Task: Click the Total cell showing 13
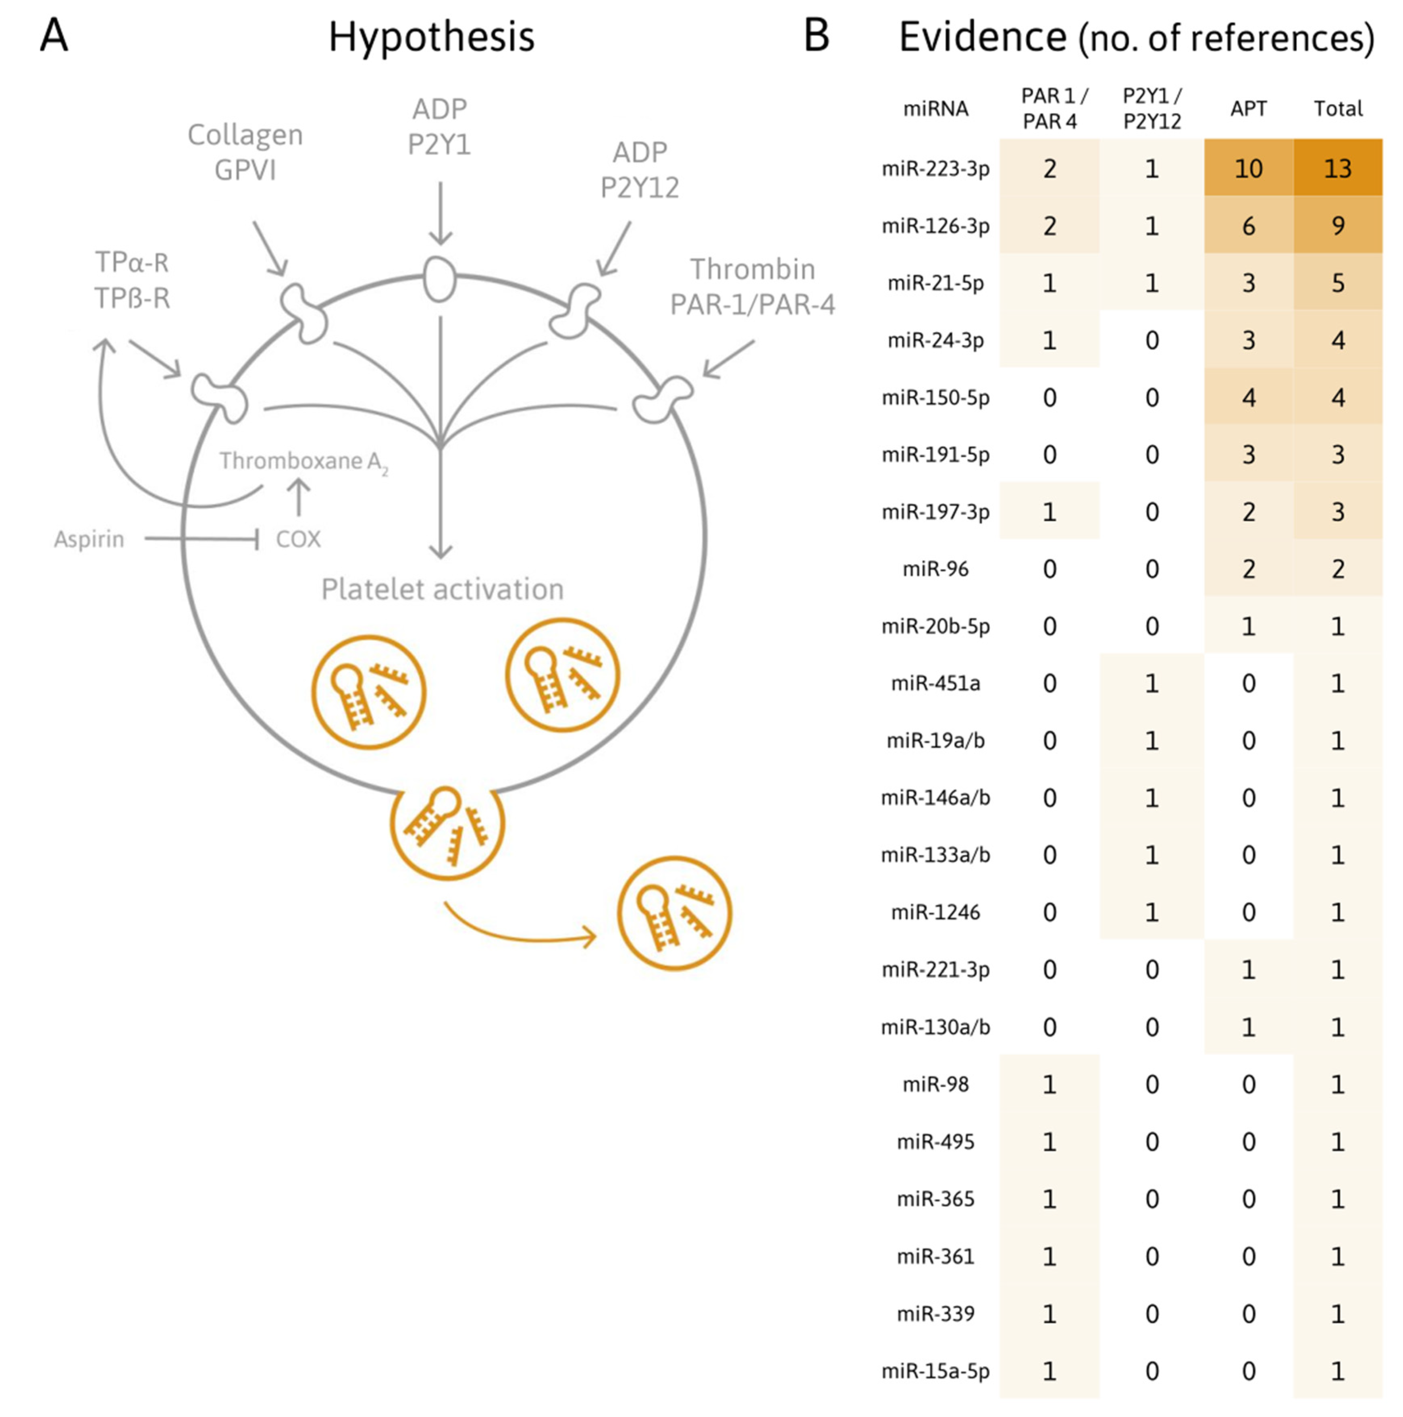[1337, 169]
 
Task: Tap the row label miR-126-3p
[935, 226]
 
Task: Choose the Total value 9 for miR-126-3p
[1337, 226]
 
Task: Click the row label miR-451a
[935, 684]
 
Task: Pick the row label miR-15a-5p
[935, 1371]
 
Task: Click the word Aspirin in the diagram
[89, 539]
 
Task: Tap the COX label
[298, 539]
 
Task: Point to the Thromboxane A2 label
[303, 461]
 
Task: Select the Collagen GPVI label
[245, 152]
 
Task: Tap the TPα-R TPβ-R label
[132, 280]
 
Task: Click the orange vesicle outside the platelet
[674, 913]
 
